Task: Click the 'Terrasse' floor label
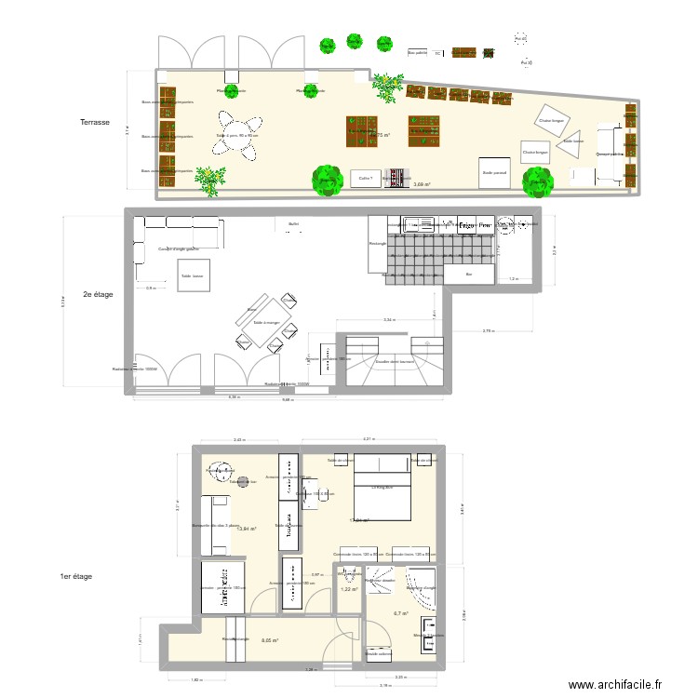pyautogui.click(x=95, y=122)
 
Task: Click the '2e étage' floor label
pyautogui.click(x=98, y=294)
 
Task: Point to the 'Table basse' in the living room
pyautogui.click(x=193, y=275)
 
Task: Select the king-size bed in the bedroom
pyautogui.click(x=382, y=489)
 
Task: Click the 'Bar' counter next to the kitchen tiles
pyautogui.click(x=469, y=275)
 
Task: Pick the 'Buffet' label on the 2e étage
pyautogui.click(x=293, y=224)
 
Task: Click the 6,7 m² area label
pyautogui.click(x=401, y=613)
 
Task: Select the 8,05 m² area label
pyautogui.click(x=270, y=640)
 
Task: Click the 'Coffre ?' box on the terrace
pyautogui.click(x=365, y=178)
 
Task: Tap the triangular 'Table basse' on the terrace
pyautogui.click(x=570, y=141)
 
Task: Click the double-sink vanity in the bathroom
pyautogui.click(x=429, y=635)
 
